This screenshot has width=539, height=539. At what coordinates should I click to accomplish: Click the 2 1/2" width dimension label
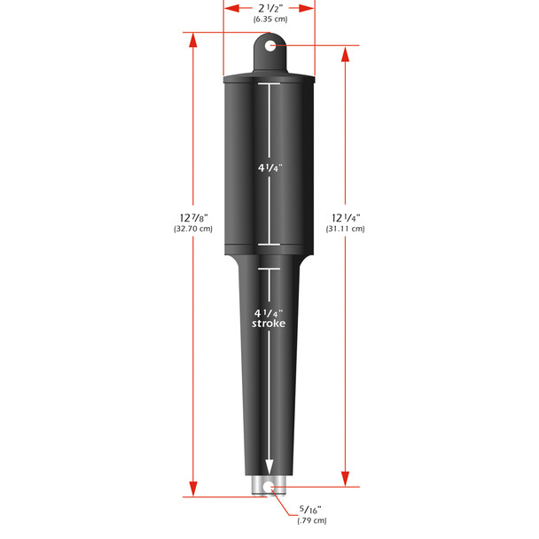269,7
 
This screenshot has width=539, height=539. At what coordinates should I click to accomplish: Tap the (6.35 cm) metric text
269,19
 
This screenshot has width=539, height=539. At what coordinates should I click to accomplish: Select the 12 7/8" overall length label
192,217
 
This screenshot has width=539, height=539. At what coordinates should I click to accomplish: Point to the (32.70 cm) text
192,229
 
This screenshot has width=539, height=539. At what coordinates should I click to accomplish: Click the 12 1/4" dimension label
346,217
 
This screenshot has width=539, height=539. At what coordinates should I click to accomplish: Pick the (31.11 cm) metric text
346,229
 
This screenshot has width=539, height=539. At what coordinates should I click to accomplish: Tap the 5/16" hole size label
311,509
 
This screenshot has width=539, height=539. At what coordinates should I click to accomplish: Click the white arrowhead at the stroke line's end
269,467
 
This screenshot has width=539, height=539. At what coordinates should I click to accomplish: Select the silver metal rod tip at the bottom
269,485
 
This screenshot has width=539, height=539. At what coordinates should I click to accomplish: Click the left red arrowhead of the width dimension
228,7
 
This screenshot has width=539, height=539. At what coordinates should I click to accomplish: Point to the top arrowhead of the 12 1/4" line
346,51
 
